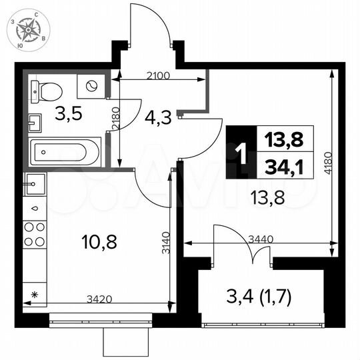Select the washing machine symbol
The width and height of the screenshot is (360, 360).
[90, 85]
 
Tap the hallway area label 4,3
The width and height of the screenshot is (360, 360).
[157, 118]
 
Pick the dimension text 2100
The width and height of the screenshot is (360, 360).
[158, 75]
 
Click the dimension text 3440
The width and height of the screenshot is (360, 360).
[260, 238]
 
